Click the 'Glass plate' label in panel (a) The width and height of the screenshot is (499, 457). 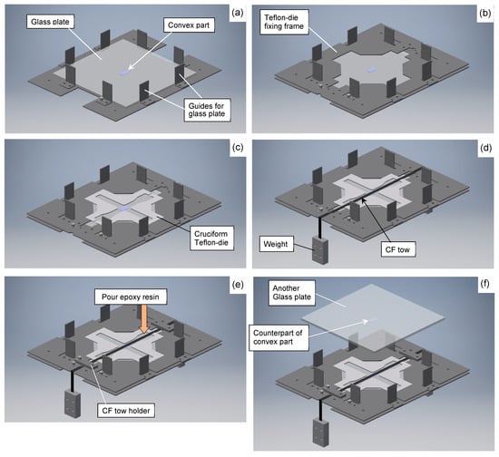click(x=50, y=22)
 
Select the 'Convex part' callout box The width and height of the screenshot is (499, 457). click(x=189, y=25)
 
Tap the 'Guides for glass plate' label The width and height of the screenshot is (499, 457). click(x=207, y=110)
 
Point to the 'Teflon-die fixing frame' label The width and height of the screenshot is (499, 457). click(x=284, y=22)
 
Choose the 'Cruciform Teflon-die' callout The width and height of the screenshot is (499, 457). click(x=211, y=238)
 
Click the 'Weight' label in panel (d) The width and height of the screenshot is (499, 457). click(x=276, y=244)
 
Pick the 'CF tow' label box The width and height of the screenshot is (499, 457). click(x=397, y=249)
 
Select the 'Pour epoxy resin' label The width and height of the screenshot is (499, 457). click(x=131, y=297)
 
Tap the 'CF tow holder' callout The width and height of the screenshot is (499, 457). click(x=126, y=411)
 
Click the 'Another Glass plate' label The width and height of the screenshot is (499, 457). click(x=292, y=293)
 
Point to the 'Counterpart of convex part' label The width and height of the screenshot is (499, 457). click(x=279, y=337)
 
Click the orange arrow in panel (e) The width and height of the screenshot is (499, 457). click(x=144, y=318)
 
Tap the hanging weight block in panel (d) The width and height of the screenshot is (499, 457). click(x=320, y=250)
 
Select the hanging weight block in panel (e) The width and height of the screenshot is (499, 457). click(x=73, y=404)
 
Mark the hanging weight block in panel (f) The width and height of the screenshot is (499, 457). click(x=320, y=433)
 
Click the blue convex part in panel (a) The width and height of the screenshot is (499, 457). click(x=125, y=73)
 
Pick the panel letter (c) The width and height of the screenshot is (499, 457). click(x=238, y=148)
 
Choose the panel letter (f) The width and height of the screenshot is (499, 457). click(x=484, y=284)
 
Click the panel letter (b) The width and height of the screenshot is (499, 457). click(x=484, y=14)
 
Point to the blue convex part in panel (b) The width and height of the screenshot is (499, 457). click(x=371, y=69)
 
